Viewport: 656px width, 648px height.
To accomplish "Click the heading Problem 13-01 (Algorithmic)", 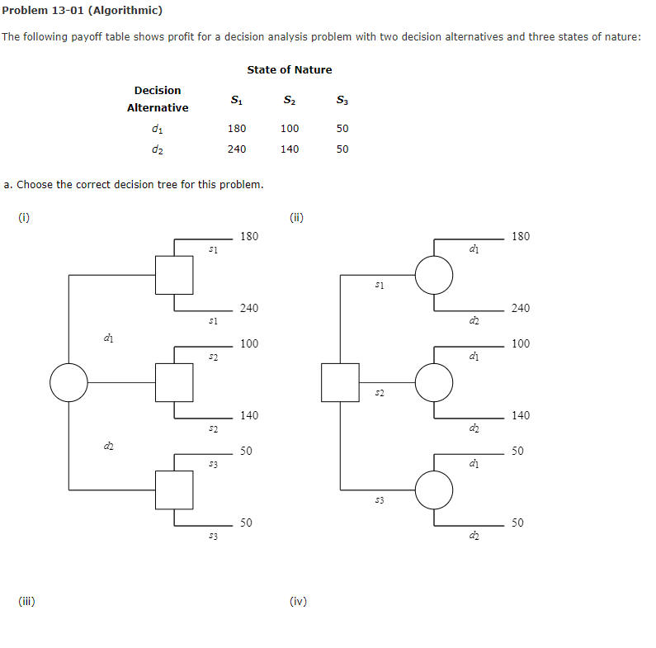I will tap(82, 11).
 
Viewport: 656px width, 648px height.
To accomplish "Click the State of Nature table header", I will tap(289, 70).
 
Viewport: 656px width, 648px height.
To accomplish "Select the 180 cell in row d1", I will tap(236, 129).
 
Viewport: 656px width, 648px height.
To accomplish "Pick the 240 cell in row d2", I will tap(236, 149).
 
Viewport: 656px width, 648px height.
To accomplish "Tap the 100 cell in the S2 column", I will tap(290, 129).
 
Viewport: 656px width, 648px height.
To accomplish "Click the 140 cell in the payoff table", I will tap(290, 149).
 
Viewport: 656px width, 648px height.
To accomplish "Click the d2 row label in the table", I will tap(157, 149).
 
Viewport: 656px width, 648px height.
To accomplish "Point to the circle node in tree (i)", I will tap(68, 382).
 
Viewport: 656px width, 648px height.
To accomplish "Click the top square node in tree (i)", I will tap(174, 275).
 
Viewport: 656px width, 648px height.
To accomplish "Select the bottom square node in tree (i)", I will tap(174, 490).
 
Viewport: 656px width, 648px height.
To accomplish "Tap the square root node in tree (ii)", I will tap(340, 382).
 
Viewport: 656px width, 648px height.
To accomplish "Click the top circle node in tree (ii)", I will tap(434, 275).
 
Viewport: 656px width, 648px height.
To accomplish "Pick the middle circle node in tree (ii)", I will tap(434, 382).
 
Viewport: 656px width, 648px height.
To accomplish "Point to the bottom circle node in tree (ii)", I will tap(434, 490).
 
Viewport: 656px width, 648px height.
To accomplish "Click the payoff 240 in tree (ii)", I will tap(521, 309).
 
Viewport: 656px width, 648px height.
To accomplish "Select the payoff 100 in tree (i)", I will tap(248, 344).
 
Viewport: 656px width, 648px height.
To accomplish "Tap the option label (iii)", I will tap(26, 602).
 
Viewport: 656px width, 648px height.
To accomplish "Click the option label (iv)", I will tap(298, 602).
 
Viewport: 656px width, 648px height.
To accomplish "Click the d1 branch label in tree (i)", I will tap(108, 337).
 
